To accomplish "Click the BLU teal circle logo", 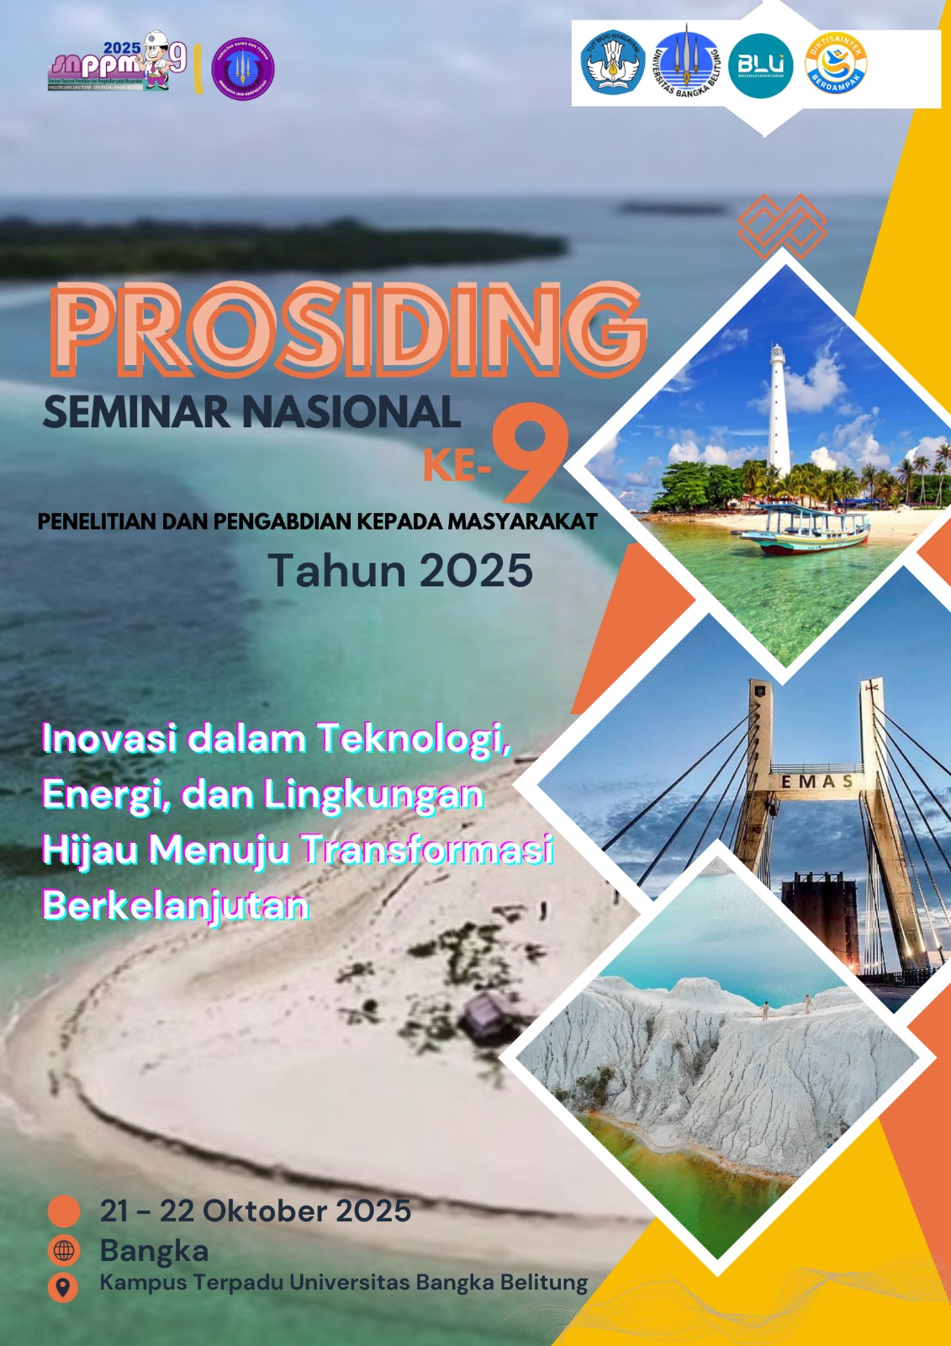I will pos(760,66).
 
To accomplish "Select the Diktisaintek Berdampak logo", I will pos(835,64).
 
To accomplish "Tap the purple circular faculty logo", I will pos(243,69).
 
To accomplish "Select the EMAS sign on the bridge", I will pos(816,782).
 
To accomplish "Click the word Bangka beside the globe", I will pos(154,1250).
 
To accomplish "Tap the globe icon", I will pos(64,1251).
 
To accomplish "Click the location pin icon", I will pos(63,1287).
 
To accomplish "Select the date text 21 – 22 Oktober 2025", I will pos(256,1211).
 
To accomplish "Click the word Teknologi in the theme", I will pos(414,739).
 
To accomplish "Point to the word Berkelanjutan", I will pos(176,905).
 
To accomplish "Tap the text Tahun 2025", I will pos(400,570).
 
